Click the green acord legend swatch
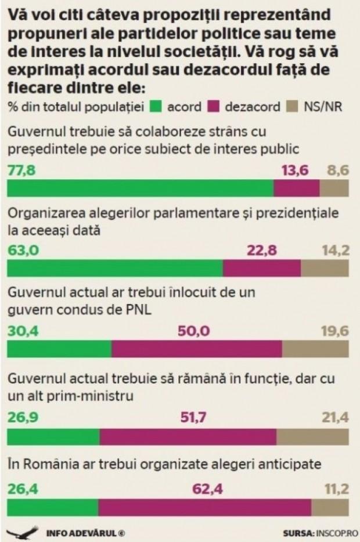[155, 107]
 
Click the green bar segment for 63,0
[114, 269]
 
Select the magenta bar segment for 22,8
[262, 269]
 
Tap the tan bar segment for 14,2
[325, 269]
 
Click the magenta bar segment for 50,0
[196, 349]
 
